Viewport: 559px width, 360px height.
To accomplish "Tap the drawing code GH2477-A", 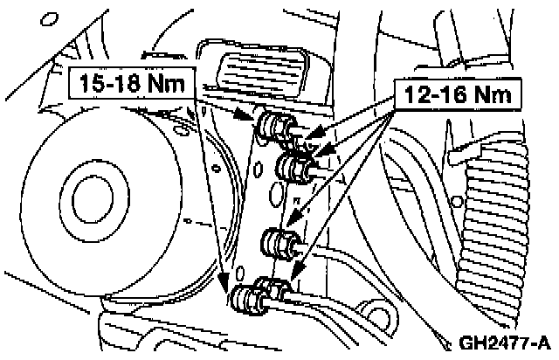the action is click(x=499, y=340).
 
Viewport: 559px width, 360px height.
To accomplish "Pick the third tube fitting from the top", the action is click(x=280, y=243).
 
